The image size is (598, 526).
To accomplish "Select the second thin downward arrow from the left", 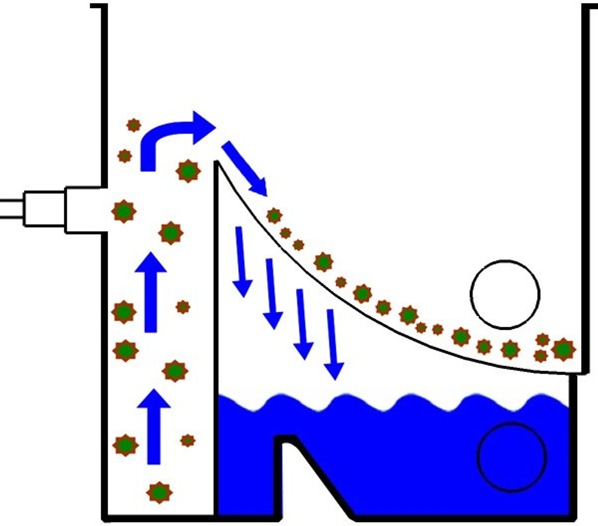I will click(272, 294).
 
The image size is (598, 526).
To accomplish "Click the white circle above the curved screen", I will click(505, 294).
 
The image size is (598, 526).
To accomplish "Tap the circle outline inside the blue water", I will click(512, 457).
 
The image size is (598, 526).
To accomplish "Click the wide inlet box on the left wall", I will click(85, 210).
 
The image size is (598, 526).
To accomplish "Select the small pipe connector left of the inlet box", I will click(45, 208).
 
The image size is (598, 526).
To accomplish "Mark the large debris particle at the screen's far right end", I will click(564, 349).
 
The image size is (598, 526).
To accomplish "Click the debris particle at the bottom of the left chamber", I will click(159, 492).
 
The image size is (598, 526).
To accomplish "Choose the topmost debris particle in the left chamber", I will click(133, 125).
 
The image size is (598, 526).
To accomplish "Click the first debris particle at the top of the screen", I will click(274, 216).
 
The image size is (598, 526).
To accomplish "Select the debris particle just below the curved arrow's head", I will click(188, 171).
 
